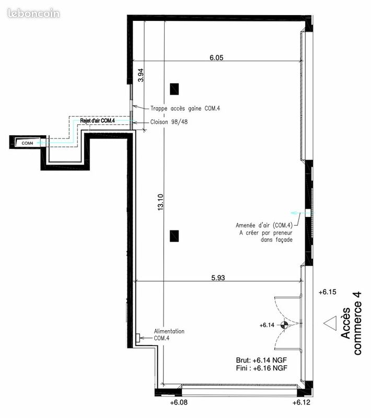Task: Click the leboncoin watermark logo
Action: (33, 14)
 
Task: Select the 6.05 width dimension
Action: (216, 57)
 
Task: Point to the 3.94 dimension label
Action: (141, 75)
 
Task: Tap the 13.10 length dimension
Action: (160, 202)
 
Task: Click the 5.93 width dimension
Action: (218, 278)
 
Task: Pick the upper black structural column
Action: (175, 89)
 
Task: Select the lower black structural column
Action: (175, 236)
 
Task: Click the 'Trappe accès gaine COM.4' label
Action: (185, 109)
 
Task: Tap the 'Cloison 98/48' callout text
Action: (169, 122)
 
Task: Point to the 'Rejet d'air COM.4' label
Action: (98, 121)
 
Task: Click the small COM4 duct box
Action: (28, 143)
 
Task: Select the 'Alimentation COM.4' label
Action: (169, 334)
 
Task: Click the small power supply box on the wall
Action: (138, 338)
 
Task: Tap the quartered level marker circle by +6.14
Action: (284, 324)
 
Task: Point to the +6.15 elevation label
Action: (327, 292)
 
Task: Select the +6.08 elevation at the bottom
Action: (179, 402)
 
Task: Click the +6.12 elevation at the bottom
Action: (302, 402)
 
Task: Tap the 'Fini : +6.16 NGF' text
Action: (261, 368)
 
